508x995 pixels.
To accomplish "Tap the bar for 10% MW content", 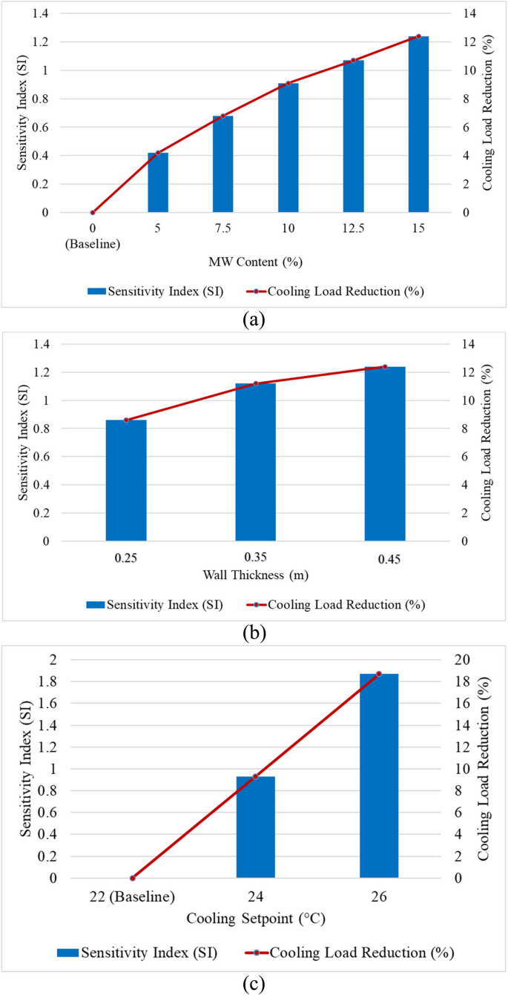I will tap(288, 148).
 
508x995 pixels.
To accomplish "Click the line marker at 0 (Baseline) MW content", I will tap(93, 213).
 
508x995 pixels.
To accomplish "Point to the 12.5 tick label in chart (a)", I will tap(353, 230).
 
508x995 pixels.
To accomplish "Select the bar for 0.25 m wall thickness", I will tap(126, 480).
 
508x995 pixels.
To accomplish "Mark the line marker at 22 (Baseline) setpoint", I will tap(133, 878).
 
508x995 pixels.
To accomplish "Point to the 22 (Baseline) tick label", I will tap(132, 896).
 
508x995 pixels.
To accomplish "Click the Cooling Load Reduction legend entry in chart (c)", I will tap(349, 951).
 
